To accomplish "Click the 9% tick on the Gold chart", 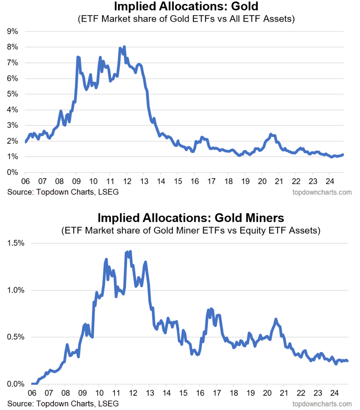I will (13, 32).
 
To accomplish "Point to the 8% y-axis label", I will (13, 47).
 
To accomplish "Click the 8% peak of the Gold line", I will (124, 47).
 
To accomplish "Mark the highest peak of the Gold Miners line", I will (130, 251).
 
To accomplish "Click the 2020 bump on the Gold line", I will (271, 134).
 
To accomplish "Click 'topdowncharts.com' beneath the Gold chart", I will (322, 192).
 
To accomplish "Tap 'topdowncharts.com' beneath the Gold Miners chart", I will (322, 403).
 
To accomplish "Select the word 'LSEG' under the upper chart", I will (108, 192).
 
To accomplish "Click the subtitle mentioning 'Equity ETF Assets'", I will (191, 230).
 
